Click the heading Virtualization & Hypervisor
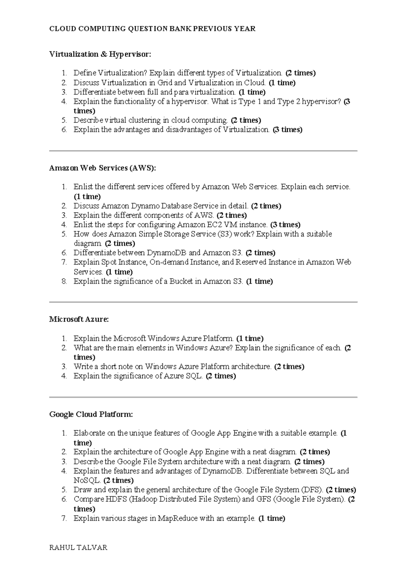[100, 54]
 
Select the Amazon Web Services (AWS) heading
[103, 168]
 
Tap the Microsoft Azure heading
[79, 319]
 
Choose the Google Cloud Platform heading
[91, 414]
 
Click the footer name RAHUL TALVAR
[78, 547]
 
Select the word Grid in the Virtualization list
[165, 83]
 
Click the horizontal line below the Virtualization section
[203, 150]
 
